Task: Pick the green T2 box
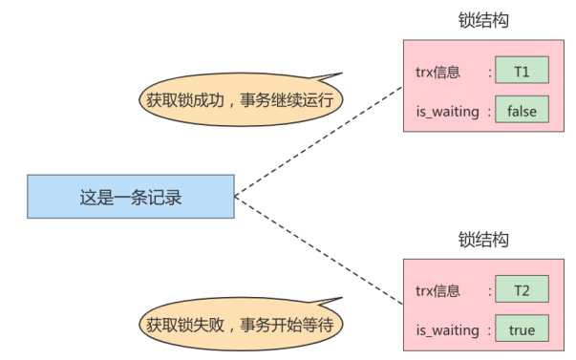[522, 289]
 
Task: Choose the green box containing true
[522, 330]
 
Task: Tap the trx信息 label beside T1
[437, 70]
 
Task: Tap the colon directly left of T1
[489, 70]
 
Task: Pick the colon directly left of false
[489, 111]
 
